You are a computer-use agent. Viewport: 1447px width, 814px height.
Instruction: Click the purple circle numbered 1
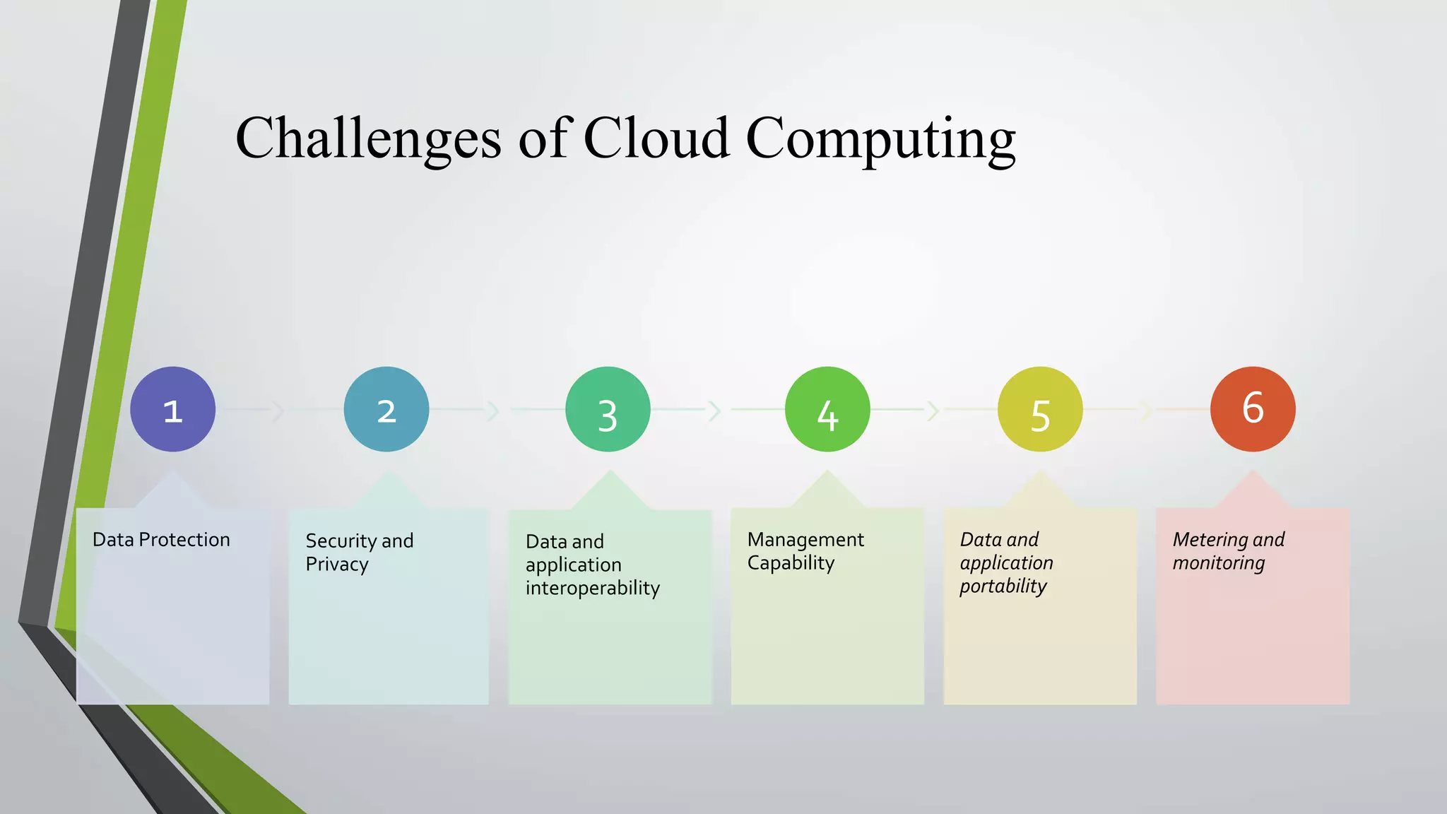(x=172, y=409)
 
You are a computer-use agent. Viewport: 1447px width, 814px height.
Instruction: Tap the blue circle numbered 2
(x=386, y=409)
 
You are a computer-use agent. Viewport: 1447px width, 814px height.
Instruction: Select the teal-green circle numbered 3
(x=608, y=409)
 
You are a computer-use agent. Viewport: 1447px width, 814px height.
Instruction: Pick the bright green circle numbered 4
(x=827, y=409)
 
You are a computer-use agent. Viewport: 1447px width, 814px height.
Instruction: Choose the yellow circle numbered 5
(x=1039, y=409)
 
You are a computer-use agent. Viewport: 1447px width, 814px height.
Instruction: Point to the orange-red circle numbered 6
(x=1253, y=409)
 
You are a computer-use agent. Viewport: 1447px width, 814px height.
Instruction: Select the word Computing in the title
(x=880, y=139)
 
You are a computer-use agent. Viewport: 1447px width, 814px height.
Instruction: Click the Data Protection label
(x=161, y=540)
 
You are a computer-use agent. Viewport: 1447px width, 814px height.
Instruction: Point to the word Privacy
(x=337, y=565)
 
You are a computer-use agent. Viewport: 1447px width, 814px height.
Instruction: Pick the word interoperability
(x=592, y=588)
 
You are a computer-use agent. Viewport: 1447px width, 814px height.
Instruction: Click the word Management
(x=805, y=540)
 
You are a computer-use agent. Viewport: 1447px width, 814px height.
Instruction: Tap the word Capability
(x=791, y=563)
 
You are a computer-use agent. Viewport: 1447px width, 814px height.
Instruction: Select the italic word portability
(x=1003, y=586)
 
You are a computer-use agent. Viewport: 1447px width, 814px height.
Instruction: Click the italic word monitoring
(x=1219, y=563)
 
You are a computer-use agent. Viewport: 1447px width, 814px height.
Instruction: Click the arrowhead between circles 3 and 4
(x=715, y=411)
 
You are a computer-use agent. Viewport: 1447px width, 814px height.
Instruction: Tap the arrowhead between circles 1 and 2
(x=278, y=411)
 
